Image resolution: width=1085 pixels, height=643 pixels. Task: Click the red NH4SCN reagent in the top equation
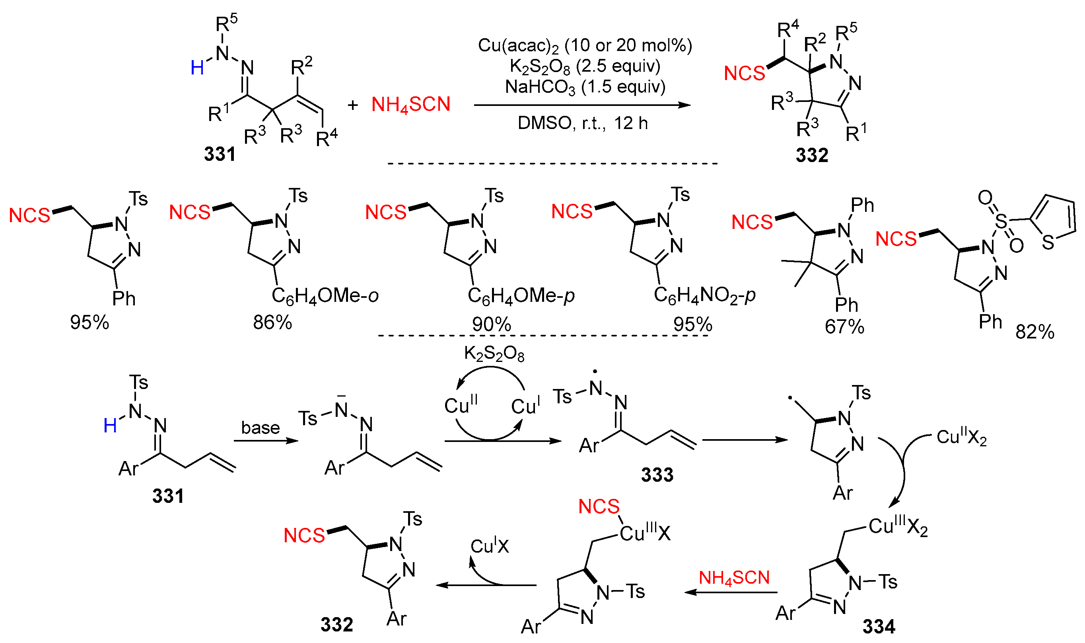411,105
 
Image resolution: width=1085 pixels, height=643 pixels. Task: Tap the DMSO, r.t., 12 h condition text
583,123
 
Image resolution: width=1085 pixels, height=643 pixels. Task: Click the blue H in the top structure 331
197,68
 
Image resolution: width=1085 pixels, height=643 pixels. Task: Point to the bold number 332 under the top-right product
811,155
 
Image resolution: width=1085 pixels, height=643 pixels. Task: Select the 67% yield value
844,327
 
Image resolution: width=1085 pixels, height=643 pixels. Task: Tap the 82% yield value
1034,332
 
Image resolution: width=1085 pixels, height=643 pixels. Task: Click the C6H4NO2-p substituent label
704,295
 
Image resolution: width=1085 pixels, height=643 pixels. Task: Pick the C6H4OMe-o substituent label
325,296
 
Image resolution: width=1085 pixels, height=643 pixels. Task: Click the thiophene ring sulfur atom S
1048,242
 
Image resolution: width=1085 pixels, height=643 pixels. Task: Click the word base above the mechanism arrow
260,428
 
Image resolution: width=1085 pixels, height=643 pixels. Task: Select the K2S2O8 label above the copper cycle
494,354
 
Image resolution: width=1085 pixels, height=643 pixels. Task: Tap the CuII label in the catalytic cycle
461,405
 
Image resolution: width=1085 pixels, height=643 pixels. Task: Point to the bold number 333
657,475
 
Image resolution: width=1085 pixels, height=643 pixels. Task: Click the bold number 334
879,627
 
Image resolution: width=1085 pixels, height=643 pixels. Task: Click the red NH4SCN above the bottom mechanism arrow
734,578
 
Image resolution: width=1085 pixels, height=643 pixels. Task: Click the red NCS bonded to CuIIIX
599,506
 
